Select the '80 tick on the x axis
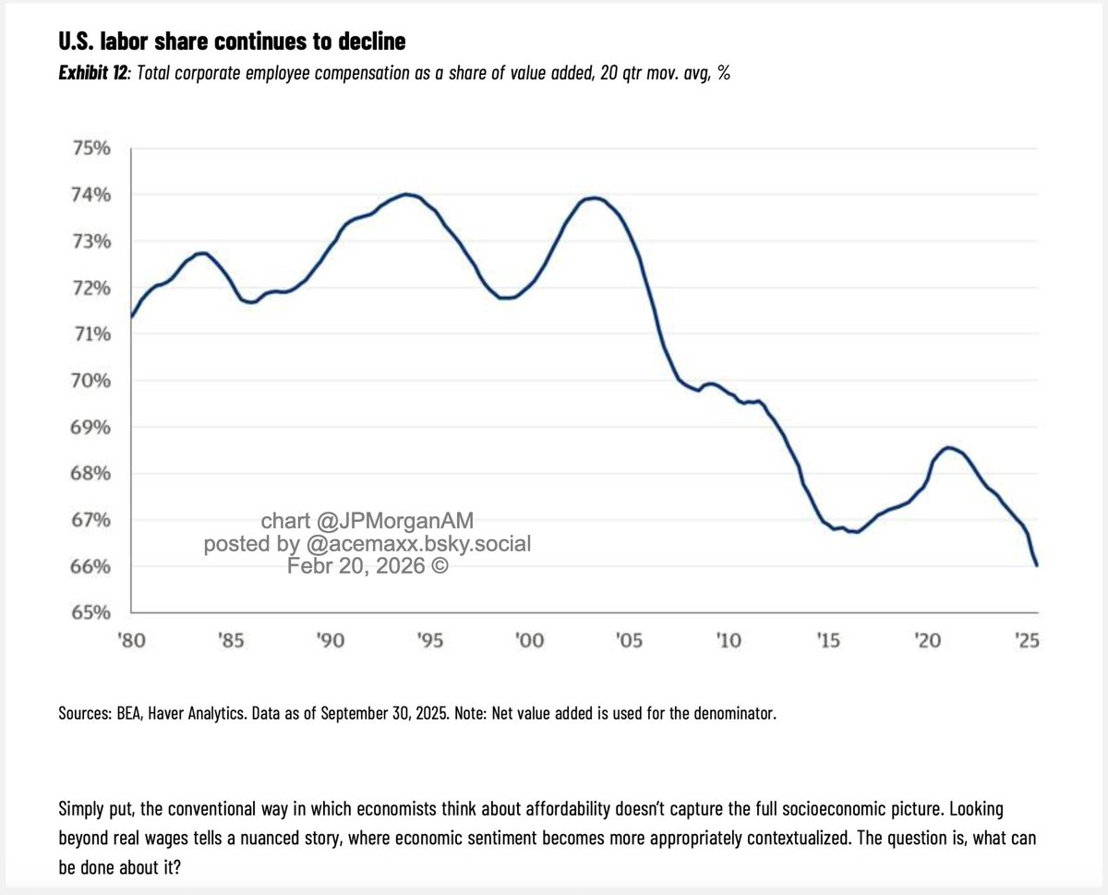coord(130,640)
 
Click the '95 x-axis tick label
coord(429,640)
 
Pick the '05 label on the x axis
coord(628,640)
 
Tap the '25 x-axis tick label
coord(1026,640)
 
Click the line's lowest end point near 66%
coord(1038,565)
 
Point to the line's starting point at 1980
coord(131,317)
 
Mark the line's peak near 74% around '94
coord(407,194)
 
